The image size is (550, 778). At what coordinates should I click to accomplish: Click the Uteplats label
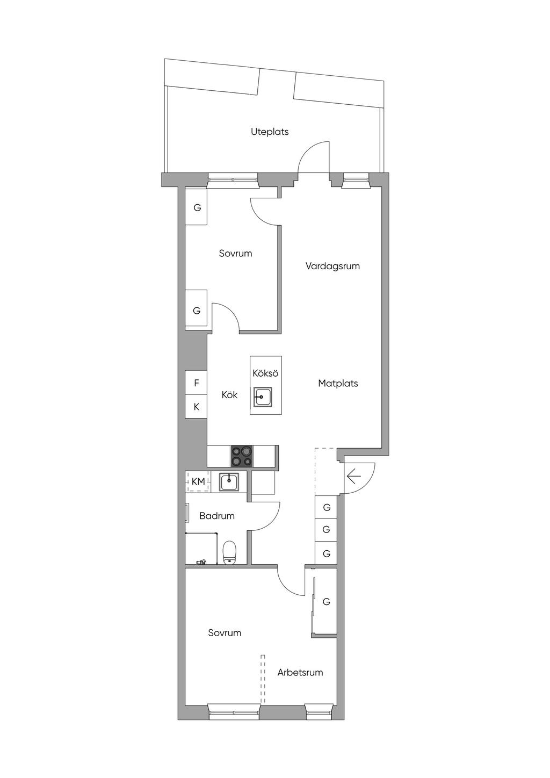coord(270,132)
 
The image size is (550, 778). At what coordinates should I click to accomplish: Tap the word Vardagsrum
coord(332,266)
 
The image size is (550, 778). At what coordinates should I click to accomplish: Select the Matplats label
coord(338,384)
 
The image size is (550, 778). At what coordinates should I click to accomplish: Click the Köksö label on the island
coord(266,373)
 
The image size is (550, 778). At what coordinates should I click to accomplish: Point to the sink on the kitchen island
coord(263,397)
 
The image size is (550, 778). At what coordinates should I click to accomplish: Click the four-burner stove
coord(242,456)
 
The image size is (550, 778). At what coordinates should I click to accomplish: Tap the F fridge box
coord(196,383)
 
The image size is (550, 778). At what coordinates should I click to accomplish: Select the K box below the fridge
coord(196,407)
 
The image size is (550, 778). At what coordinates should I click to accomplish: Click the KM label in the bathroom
coord(198,481)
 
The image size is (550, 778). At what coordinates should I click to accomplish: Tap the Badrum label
coord(217,516)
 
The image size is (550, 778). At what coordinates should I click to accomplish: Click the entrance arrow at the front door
coord(354,476)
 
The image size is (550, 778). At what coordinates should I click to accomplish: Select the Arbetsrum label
coord(300,672)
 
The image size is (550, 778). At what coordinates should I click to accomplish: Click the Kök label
coord(229,395)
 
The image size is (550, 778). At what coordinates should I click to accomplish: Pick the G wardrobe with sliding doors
coord(325,602)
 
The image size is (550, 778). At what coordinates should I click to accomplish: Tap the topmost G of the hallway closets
coord(327,508)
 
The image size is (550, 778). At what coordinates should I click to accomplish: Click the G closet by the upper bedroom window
coord(197,208)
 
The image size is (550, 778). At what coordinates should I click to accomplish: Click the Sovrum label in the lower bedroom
coord(225,633)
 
